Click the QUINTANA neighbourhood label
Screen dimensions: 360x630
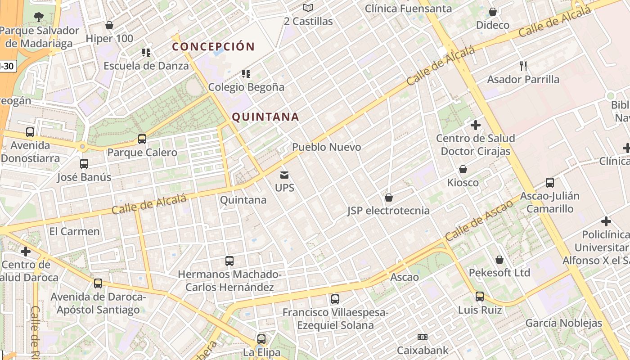[x=265, y=117]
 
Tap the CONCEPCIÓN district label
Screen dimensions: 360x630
[x=213, y=46]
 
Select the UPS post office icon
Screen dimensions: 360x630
[x=284, y=175]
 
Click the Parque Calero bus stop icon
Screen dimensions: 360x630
[x=142, y=139]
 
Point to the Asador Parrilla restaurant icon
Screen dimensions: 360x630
[x=523, y=66]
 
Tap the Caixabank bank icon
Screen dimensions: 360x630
[x=422, y=337]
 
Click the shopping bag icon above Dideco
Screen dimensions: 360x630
[x=493, y=12]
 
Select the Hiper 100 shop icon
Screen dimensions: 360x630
[x=109, y=25]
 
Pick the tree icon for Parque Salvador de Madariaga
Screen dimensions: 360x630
[x=39, y=17]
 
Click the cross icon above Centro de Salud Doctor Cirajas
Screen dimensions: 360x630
[x=475, y=125]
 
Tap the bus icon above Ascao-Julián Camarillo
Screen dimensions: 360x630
[x=549, y=183]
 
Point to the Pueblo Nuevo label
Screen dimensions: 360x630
[x=326, y=147]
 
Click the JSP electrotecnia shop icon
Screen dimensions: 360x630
[x=389, y=198]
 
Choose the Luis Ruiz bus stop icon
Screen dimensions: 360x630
[x=480, y=297]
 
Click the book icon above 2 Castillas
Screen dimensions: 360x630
[x=308, y=8]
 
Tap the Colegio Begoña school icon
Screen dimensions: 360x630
[x=246, y=73]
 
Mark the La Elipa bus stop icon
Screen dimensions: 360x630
[x=261, y=339]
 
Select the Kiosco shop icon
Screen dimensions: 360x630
[x=463, y=169]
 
